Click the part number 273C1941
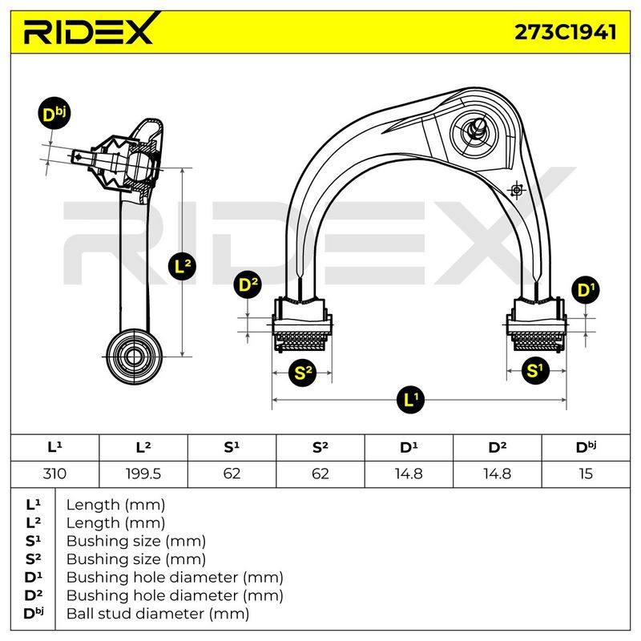[565, 32]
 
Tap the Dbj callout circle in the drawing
[54, 114]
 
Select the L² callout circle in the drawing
[183, 266]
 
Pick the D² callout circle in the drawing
[248, 284]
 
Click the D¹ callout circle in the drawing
[587, 290]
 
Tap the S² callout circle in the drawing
[303, 373]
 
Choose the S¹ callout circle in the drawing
[535, 370]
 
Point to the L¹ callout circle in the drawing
[410, 399]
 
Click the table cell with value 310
[54, 474]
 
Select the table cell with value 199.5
[143, 474]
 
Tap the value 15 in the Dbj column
[586, 474]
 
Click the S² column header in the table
[320, 448]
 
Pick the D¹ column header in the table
[409, 448]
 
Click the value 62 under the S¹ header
[232, 474]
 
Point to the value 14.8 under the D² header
[497, 474]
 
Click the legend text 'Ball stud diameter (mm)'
[158, 613]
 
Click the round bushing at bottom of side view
[134, 357]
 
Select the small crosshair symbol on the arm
[517, 190]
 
